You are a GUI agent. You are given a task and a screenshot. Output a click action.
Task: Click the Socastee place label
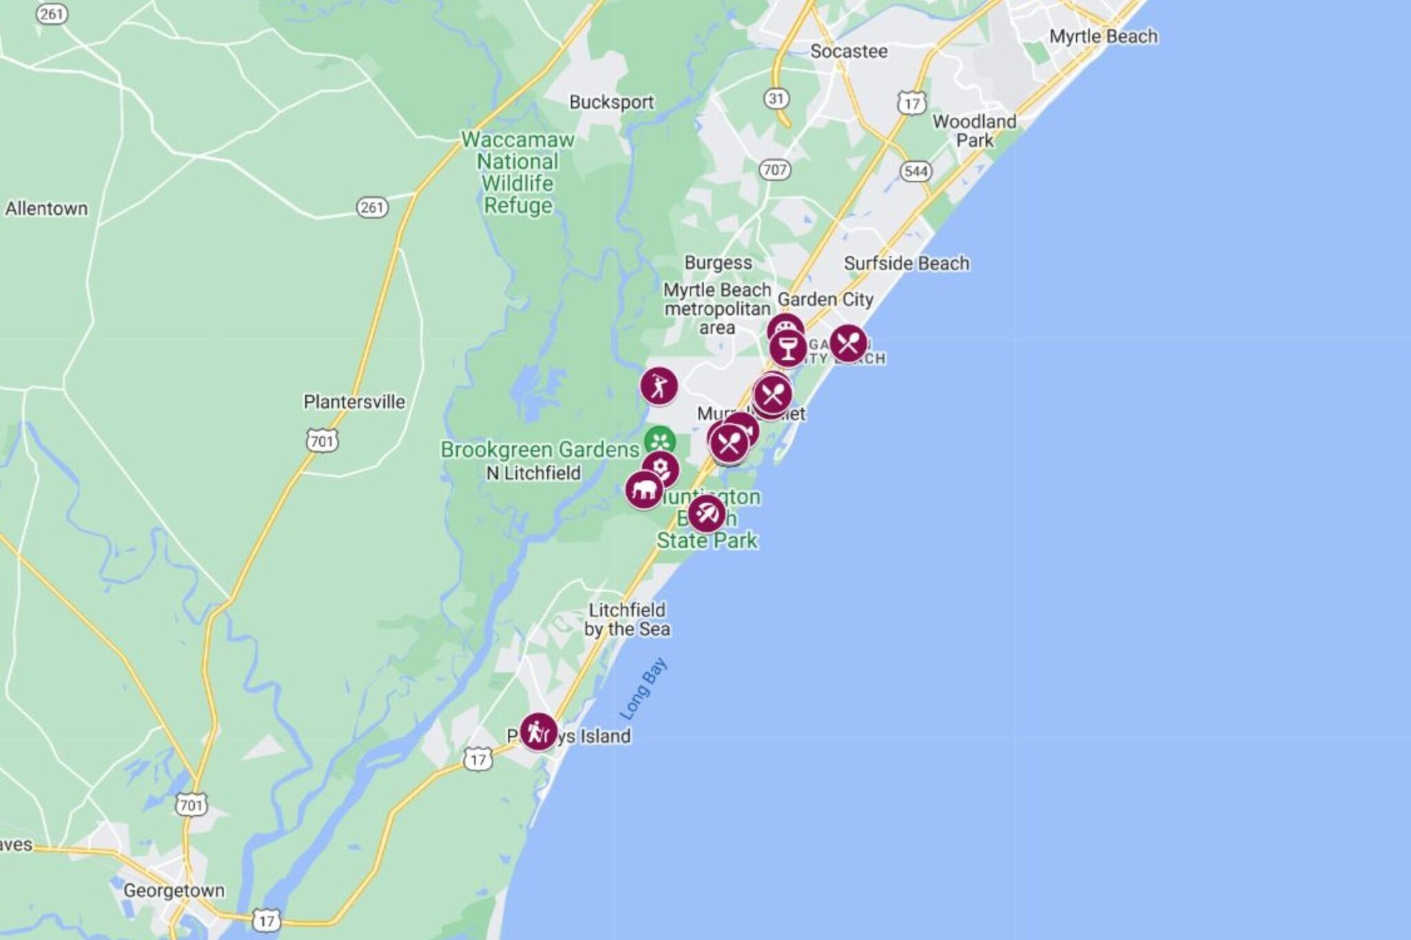tap(848, 52)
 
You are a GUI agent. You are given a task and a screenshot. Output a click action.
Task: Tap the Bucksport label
tap(611, 103)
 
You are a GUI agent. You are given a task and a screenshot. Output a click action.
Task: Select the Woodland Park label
tap(974, 131)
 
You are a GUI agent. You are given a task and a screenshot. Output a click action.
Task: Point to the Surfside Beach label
tap(906, 263)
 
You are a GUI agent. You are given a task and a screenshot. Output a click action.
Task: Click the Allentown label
tap(47, 209)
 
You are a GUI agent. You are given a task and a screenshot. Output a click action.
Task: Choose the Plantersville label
tap(354, 402)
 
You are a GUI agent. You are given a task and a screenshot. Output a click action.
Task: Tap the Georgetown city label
tap(174, 890)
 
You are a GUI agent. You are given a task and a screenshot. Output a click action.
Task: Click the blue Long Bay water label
tap(643, 689)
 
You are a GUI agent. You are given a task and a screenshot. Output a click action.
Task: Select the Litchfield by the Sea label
tap(627, 619)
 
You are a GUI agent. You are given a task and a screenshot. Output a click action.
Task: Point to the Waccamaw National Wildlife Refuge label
tap(517, 172)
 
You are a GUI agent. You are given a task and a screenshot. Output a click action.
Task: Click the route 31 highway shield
tap(776, 98)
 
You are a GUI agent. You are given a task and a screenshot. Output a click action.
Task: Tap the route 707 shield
tap(774, 169)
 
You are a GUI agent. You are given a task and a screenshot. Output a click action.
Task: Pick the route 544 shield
tap(916, 171)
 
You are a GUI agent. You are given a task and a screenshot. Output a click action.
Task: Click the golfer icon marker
tap(659, 386)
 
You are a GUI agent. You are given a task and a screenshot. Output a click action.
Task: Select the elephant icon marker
tap(643, 490)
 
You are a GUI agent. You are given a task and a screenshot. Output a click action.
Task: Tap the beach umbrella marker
tap(706, 514)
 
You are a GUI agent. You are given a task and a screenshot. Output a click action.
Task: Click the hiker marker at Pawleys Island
tap(538, 731)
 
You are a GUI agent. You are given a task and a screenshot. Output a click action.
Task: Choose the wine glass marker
tap(787, 348)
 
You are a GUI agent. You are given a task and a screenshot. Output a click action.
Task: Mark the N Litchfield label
tap(533, 473)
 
